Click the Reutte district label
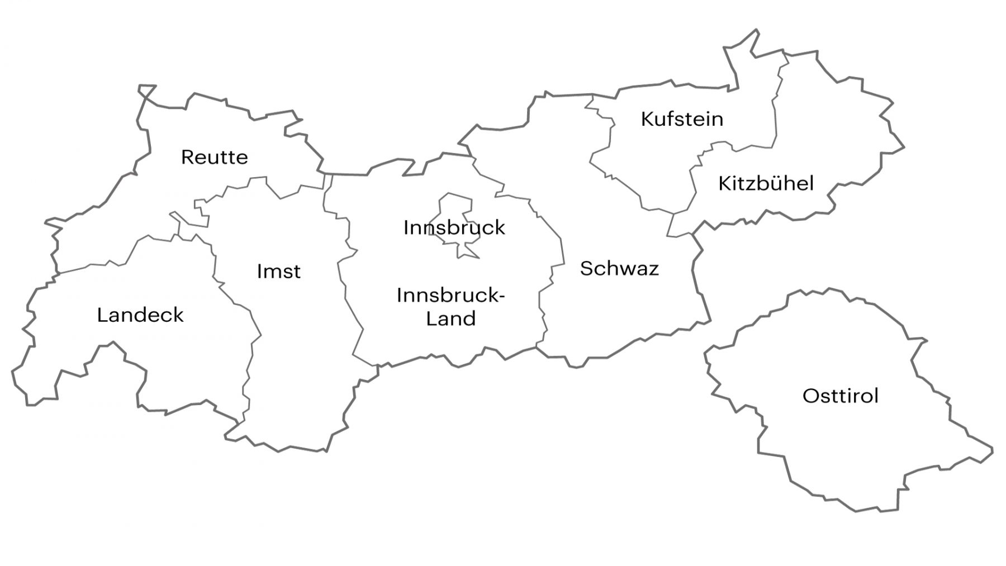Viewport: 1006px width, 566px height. coord(214,157)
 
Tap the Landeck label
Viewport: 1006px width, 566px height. coord(140,315)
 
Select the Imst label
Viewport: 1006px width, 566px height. coord(278,272)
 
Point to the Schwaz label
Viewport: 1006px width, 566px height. coord(619,269)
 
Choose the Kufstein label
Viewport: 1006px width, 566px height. coord(682,119)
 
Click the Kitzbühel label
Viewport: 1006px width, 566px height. coord(766,183)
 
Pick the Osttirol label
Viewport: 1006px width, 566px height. coord(840,396)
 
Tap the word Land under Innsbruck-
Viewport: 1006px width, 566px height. coord(450,319)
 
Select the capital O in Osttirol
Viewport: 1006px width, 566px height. coord(809,396)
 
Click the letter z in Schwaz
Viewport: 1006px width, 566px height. coord(653,269)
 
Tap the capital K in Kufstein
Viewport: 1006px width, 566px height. coord(647,119)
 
